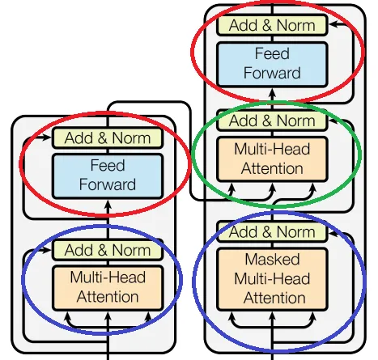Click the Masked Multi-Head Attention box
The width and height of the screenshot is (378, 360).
(x=272, y=279)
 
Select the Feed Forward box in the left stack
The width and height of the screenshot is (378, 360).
(x=108, y=176)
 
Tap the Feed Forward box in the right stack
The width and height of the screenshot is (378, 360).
(x=272, y=64)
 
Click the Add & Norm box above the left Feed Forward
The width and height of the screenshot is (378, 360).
(x=108, y=138)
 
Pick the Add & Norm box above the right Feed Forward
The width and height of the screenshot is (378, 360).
(x=272, y=25)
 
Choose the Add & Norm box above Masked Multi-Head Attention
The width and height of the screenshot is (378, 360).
(x=272, y=231)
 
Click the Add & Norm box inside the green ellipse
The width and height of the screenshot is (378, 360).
(x=272, y=121)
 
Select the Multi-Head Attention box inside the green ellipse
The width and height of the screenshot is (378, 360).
(x=272, y=159)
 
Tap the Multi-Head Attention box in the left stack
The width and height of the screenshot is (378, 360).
(x=108, y=287)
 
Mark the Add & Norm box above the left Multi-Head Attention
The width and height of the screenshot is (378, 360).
(x=108, y=250)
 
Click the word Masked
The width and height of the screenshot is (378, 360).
(x=272, y=259)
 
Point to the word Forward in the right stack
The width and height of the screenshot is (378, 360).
(x=272, y=73)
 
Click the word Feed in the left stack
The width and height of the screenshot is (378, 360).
(x=108, y=165)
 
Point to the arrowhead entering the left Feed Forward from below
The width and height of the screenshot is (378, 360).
(x=108, y=204)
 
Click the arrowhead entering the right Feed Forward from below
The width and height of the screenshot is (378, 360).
(x=272, y=92)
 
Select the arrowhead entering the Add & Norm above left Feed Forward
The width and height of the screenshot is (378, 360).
(x=47, y=138)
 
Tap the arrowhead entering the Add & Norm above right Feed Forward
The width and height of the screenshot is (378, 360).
(x=333, y=24)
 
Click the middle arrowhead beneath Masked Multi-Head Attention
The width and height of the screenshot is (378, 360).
(x=272, y=316)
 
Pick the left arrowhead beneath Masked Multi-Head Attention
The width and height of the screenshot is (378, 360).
(x=231, y=316)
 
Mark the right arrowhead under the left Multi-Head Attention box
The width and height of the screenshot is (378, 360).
(x=148, y=316)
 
